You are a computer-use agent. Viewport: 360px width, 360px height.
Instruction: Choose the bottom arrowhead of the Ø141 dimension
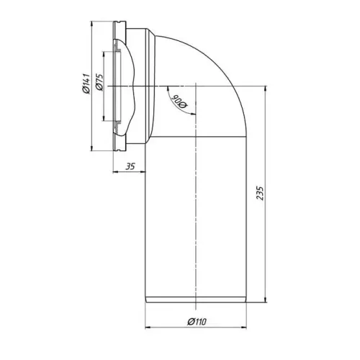pyautogui.click(x=92, y=150)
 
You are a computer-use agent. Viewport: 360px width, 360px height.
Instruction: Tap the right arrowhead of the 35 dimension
pyautogui.click(x=144, y=173)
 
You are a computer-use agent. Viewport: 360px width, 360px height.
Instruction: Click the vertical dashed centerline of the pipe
pyautogui.click(x=197, y=216)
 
